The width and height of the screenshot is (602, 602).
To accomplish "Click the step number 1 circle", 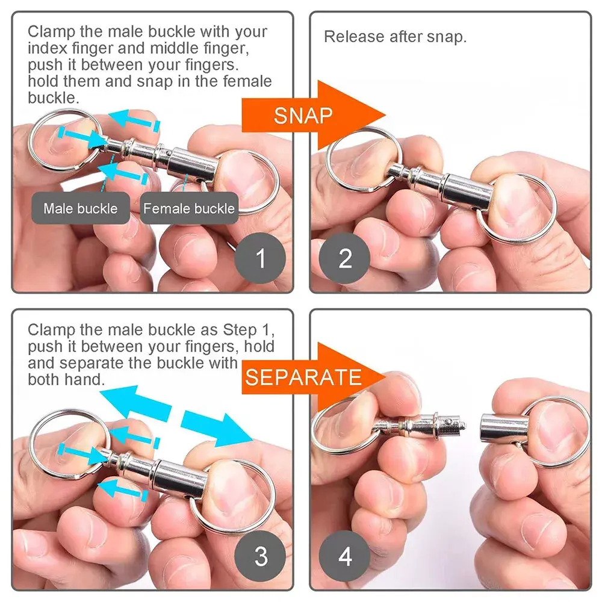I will [260, 259].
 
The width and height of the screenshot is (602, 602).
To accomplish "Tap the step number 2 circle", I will [345, 259].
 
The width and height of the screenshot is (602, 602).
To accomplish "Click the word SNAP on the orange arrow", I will [303, 115].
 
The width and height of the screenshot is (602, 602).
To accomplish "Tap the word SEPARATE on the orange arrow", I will [303, 377].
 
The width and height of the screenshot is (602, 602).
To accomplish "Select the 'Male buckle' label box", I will [80, 209].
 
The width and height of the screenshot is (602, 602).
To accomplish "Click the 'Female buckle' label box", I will [188, 209].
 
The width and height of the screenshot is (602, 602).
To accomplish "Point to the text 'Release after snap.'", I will [395, 37].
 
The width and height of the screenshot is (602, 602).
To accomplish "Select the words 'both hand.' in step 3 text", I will [66, 380].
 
